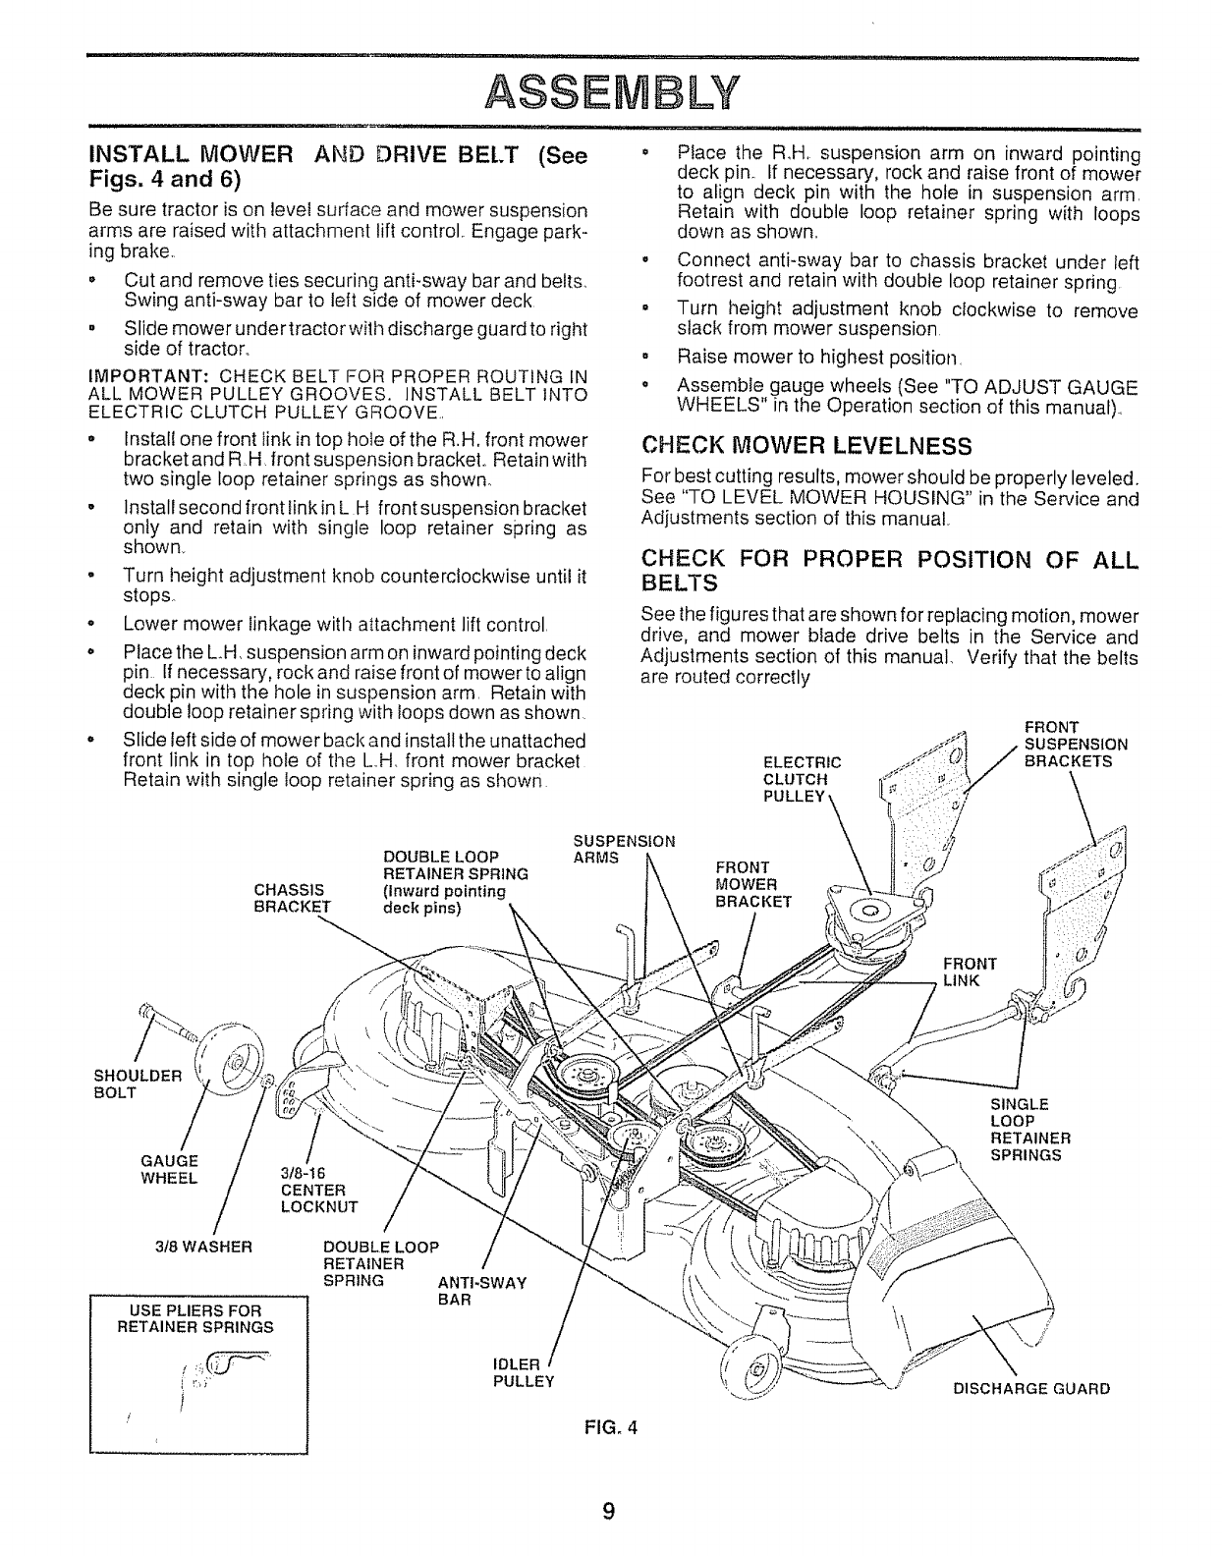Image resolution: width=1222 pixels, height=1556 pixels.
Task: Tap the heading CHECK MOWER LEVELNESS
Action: [805, 446]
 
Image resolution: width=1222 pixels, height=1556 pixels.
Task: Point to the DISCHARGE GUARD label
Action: [1031, 1389]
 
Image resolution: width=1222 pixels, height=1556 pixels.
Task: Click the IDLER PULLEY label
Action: [523, 1373]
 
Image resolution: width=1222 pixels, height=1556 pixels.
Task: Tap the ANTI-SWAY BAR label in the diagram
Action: [481, 1291]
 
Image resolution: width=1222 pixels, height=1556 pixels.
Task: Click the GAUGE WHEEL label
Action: [170, 1169]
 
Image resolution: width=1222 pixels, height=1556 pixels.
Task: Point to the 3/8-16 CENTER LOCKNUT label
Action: [319, 1189]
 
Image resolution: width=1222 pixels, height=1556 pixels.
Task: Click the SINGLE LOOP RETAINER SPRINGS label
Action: [1028, 1130]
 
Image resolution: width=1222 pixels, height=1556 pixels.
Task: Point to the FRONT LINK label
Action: [970, 972]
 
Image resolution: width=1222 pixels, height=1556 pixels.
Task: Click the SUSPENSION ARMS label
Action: [624, 849]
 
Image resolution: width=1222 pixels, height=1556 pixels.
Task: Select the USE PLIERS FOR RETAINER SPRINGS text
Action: [196, 1319]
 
